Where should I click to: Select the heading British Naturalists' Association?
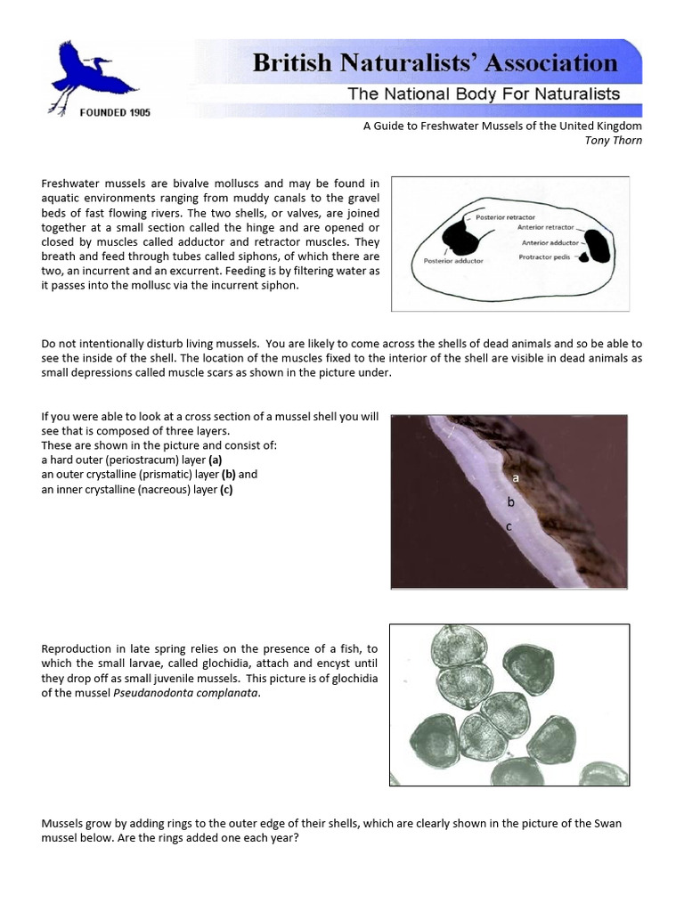(x=435, y=63)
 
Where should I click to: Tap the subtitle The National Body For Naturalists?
(x=484, y=94)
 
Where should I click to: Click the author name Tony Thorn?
(x=613, y=141)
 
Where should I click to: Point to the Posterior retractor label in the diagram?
(x=506, y=217)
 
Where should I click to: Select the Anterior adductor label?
(x=550, y=242)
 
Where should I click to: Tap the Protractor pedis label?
(x=546, y=257)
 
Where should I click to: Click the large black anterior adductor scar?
(x=597, y=246)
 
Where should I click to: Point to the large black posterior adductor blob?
(x=460, y=239)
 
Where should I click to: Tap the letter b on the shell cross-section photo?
(x=510, y=502)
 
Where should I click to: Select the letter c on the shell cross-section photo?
(x=508, y=526)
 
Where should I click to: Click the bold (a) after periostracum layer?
(x=215, y=460)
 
